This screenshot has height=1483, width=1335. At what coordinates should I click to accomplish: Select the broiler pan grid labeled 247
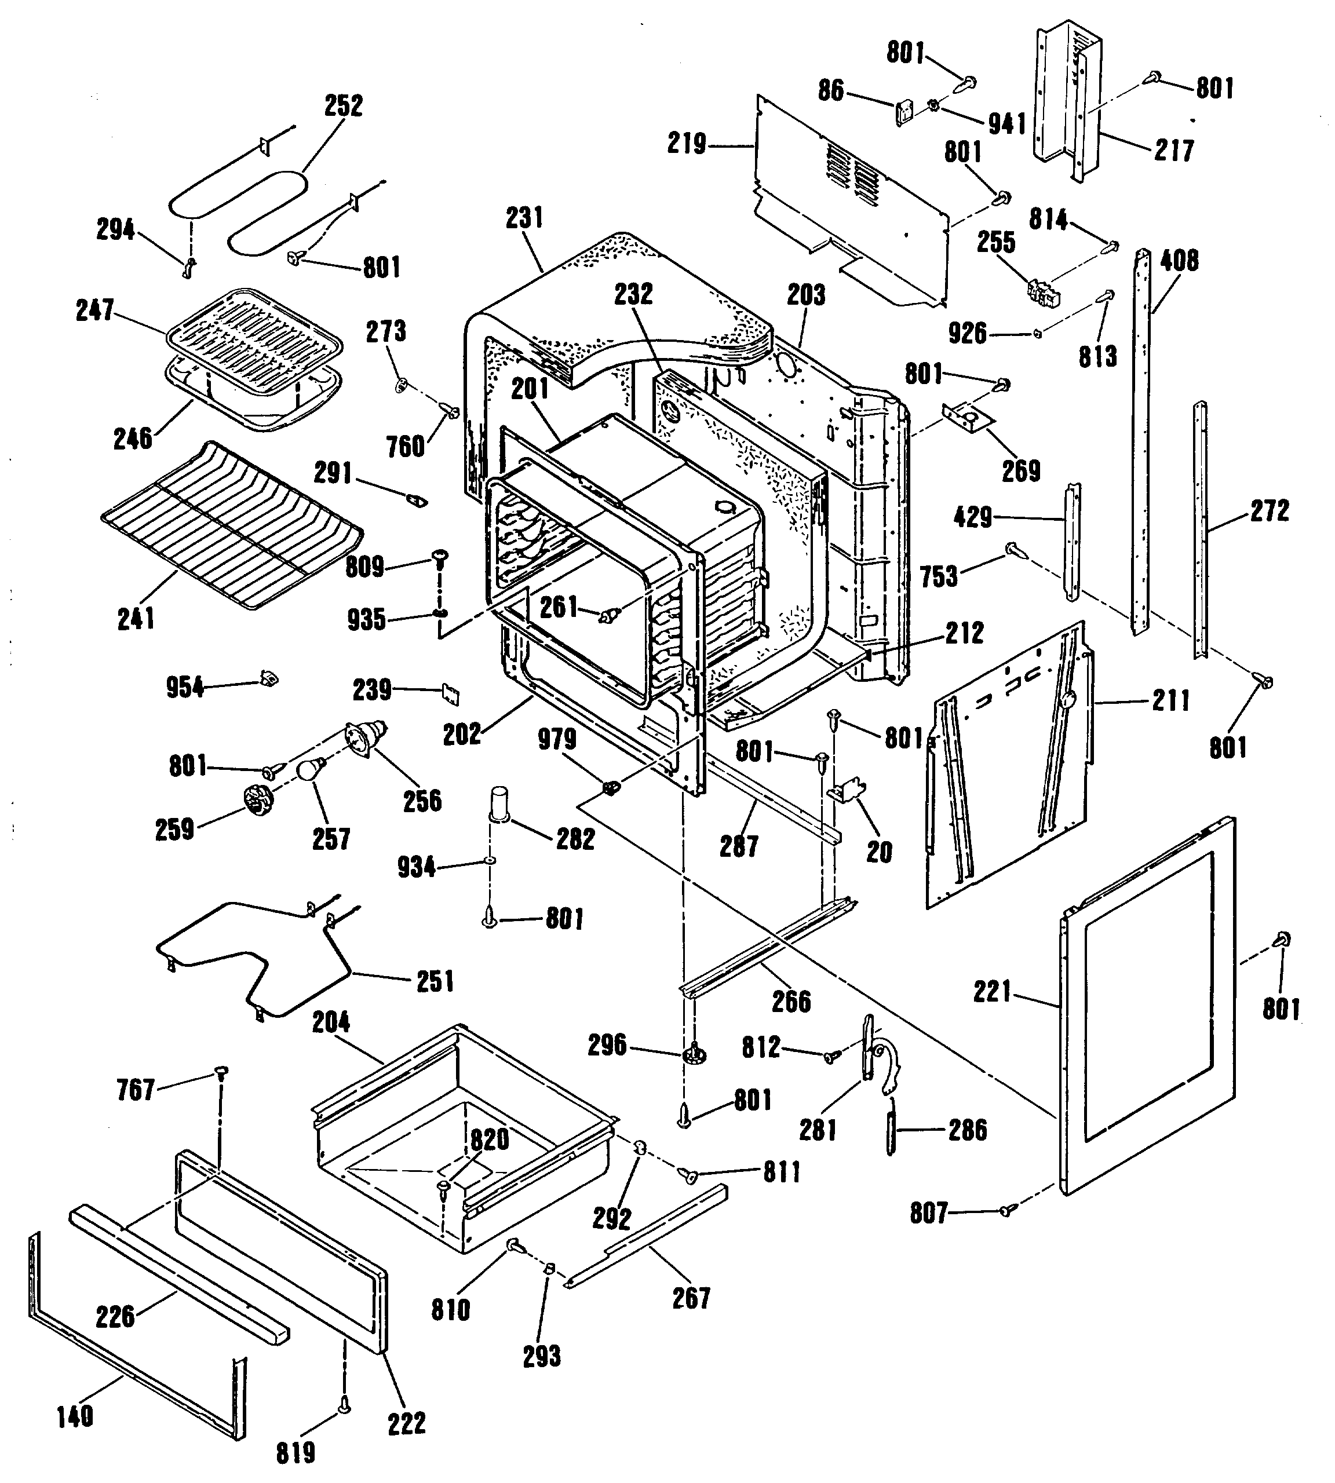coord(254,328)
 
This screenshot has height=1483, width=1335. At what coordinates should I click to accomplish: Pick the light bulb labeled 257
coord(308,769)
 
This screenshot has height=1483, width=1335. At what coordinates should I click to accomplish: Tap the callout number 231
coord(524,218)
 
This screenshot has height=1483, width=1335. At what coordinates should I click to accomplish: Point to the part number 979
coord(557,739)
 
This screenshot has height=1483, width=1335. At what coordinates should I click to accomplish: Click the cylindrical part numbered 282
coord(499,805)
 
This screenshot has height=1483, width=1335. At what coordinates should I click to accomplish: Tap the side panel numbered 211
coord(1009,770)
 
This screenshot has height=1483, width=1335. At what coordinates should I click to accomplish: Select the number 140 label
coord(75,1416)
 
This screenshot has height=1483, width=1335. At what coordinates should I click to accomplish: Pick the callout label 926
coord(968,333)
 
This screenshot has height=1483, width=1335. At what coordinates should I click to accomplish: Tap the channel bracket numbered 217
coord(1067,103)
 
